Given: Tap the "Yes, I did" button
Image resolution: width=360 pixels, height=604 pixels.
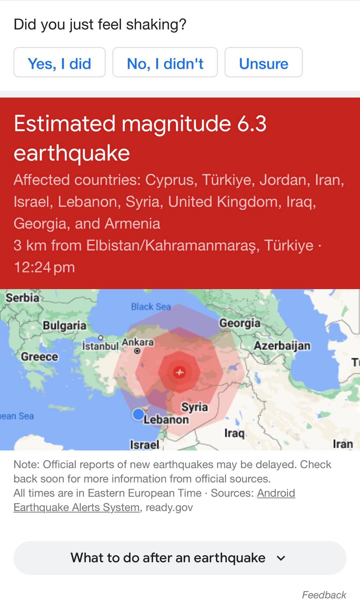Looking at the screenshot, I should [x=59, y=63].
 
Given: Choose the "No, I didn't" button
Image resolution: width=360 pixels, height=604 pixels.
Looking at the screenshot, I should [x=165, y=63].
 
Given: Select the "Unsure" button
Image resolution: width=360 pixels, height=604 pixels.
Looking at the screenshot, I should [x=264, y=63].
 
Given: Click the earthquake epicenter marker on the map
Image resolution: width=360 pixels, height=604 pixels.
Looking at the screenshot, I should [x=179, y=372].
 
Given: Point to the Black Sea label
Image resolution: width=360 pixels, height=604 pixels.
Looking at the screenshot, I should [x=151, y=307].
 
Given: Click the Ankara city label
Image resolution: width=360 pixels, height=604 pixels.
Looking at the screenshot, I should [x=138, y=342].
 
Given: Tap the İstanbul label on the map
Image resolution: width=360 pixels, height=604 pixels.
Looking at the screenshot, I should [x=100, y=346].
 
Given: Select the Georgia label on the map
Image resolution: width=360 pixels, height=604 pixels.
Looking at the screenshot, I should [x=240, y=323].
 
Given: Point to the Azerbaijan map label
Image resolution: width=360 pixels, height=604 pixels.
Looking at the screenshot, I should [x=282, y=345].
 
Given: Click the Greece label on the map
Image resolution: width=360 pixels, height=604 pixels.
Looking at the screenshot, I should [x=40, y=357].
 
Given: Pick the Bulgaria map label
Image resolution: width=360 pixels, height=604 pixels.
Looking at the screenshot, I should [x=65, y=326].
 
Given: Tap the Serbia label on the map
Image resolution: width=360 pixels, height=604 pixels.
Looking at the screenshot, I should [x=22, y=298].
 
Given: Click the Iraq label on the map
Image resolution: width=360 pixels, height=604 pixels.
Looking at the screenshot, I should [x=234, y=433].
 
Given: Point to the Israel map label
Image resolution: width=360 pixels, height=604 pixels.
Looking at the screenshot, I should [x=145, y=444].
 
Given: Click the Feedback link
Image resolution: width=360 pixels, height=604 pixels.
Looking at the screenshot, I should [x=324, y=595].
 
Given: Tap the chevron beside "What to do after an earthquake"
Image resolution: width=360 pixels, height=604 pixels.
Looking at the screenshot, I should [x=281, y=558].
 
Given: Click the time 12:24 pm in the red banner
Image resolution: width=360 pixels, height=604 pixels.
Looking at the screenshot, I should [x=44, y=267].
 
